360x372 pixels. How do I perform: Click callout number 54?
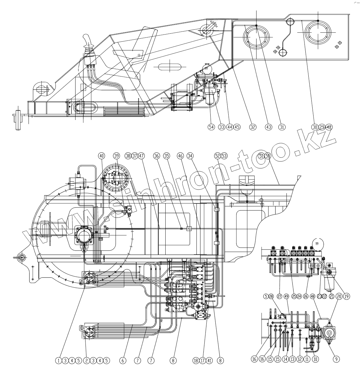click(211, 127)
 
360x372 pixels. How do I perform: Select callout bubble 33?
click(222, 127)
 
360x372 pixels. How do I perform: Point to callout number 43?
click(268, 127)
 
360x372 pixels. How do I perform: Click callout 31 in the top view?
click(282, 127)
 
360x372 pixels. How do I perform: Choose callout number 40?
click(102, 156)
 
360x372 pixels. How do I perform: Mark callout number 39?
click(117, 156)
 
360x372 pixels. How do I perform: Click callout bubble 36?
click(156, 156)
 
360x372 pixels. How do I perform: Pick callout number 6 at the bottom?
click(122, 361)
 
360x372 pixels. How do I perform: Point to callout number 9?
click(336, 358)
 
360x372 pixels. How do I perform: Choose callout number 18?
click(196, 361)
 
